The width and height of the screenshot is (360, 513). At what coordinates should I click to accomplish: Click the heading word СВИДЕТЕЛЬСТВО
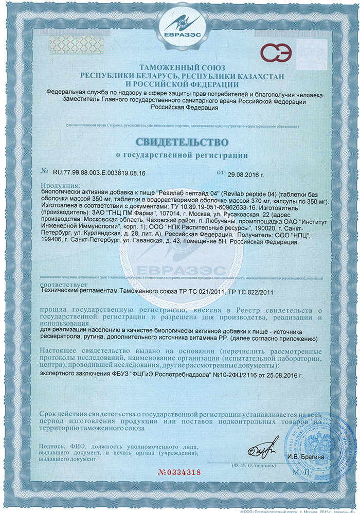point(179,141)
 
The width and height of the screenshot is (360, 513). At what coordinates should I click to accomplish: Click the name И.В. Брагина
point(306,457)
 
